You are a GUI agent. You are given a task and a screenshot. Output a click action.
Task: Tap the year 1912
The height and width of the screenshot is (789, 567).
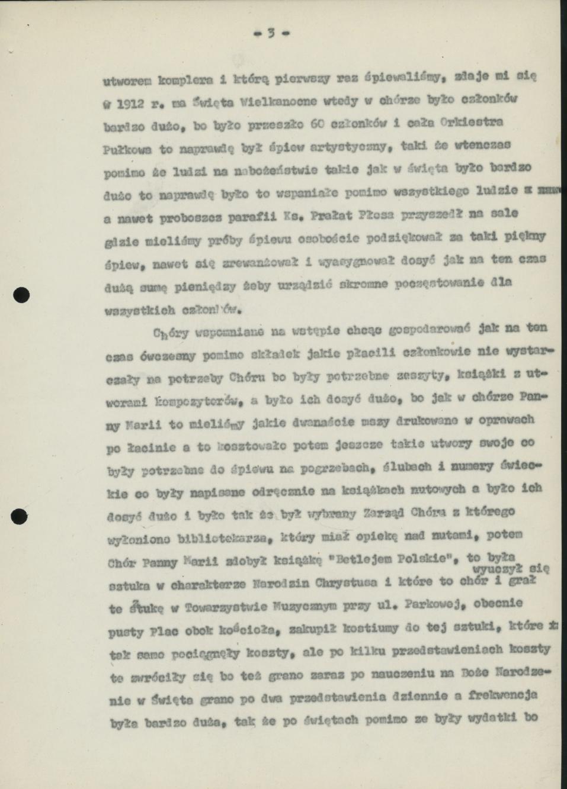[x=130, y=102]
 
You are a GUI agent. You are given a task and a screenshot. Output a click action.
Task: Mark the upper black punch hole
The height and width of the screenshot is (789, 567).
[x=21, y=294]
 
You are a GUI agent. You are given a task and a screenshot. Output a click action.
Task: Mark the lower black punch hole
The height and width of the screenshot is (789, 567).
[x=20, y=516]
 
